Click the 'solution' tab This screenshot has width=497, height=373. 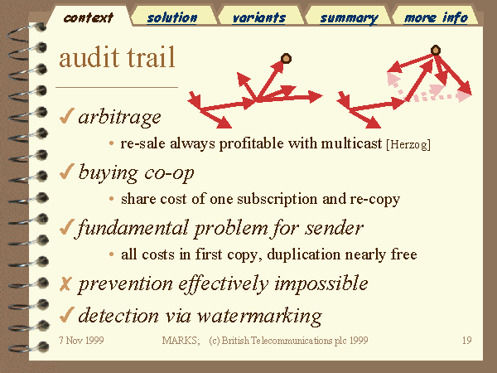point(172,17)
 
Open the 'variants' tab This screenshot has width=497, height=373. point(259,17)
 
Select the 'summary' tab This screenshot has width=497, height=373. point(349,17)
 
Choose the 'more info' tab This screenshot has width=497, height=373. point(436,17)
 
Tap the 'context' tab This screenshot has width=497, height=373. point(89,17)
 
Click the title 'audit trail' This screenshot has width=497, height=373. point(117,57)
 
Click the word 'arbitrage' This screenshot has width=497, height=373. point(120,118)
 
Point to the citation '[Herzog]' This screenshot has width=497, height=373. point(408,144)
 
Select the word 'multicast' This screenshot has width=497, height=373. point(351,143)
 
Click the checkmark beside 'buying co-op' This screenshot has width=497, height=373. point(66,172)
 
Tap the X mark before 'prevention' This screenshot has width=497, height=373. point(65,283)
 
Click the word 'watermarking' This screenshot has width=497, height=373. point(259,317)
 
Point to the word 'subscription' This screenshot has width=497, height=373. point(277,199)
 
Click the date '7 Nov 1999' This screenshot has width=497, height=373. point(81,341)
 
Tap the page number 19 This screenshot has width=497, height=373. point(466,341)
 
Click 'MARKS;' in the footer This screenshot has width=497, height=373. point(181,341)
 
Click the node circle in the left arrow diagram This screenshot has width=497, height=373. point(286,59)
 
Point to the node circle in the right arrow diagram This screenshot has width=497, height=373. point(436,50)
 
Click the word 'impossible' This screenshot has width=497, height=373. point(321,283)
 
